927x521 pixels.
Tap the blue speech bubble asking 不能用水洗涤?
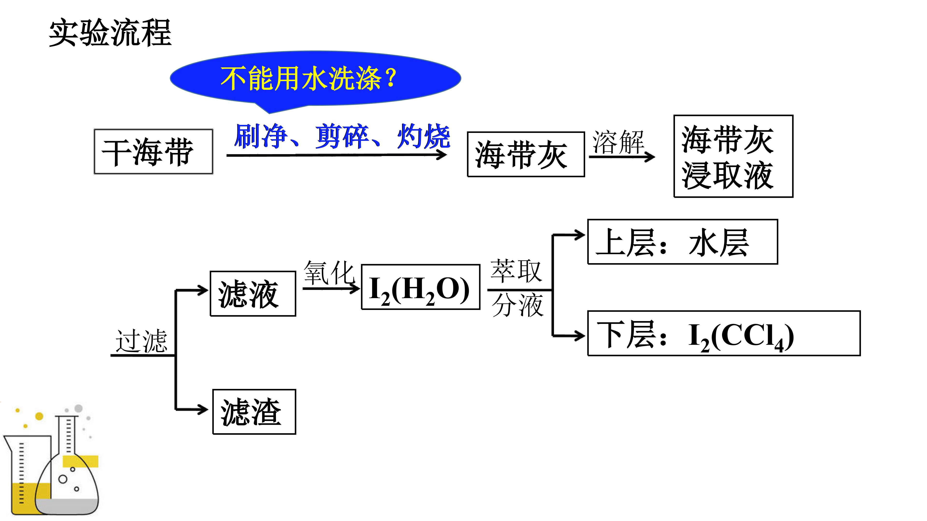pos(315,80)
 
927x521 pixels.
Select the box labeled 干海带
pos(154,152)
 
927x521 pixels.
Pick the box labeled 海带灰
pos(526,154)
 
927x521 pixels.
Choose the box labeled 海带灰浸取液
pos(733,156)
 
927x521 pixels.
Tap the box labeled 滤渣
pos(254,412)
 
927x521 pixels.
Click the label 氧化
pos(329,273)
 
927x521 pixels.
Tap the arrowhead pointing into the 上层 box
pos(579,235)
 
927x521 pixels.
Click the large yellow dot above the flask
pos(39,416)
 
